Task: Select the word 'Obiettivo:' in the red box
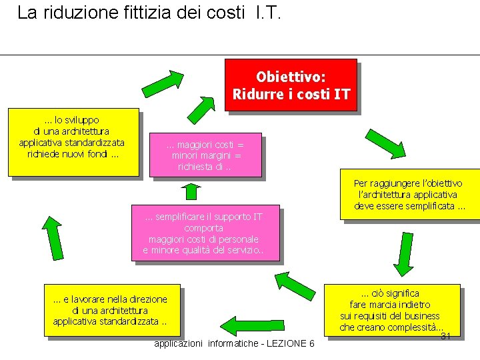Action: pyautogui.click(x=291, y=77)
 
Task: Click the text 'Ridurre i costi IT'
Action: pyautogui.click(x=291, y=94)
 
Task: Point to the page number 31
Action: pyautogui.click(x=446, y=336)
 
